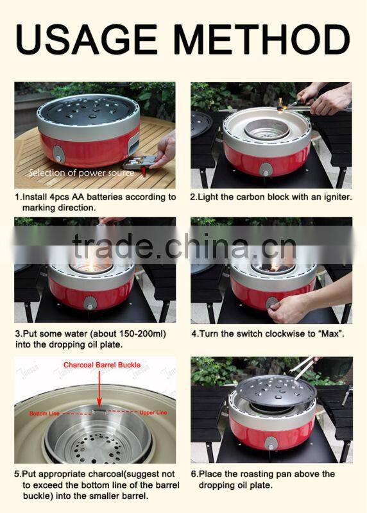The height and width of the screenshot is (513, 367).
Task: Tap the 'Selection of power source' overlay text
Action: (x=81, y=173)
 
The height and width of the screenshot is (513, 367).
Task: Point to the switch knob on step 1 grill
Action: (x=59, y=154)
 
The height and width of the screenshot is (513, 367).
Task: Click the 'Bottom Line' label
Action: (x=43, y=414)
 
